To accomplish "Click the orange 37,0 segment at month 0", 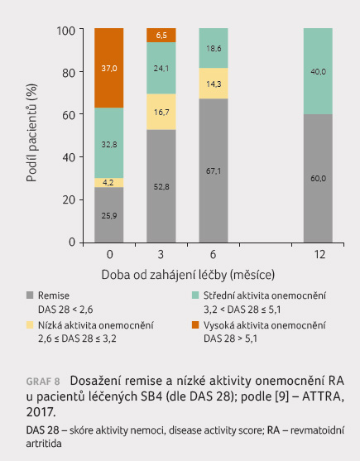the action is click(x=109, y=68).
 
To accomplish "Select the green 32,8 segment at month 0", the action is click(x=109, y=143).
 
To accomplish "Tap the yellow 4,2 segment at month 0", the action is click(x=109, y=183).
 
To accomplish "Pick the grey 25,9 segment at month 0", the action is click(x=109, y=215).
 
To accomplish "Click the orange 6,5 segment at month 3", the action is click(x=161, y=36).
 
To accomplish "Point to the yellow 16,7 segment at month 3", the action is click(x=161, y=112).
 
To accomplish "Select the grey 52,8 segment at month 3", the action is click(x=161, y=186).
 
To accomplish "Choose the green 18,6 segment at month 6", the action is click(x=214, y=48).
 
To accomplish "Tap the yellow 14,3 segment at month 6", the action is click(x=214, y=84).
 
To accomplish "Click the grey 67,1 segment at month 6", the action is click(x=214, y=170).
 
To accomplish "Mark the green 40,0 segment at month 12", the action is click(x=319, y=71).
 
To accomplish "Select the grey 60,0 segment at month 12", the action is click(x=319, y=178).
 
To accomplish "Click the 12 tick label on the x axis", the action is click(x=319, y=254).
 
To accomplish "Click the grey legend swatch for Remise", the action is click(x=30, y=295).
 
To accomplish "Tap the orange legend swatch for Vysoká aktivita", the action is click(x=195, y=325).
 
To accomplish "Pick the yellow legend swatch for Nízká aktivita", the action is click(x=30, y=325).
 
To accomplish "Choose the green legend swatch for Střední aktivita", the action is click(x=195, y=295).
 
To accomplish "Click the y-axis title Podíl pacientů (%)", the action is click(x=31, y=133).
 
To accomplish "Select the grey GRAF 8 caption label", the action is click(x=43, y=382).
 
